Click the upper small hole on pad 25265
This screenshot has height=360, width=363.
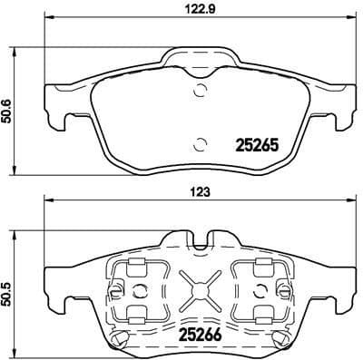tap(200, 89)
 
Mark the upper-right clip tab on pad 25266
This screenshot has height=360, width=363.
tap(264, 265)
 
